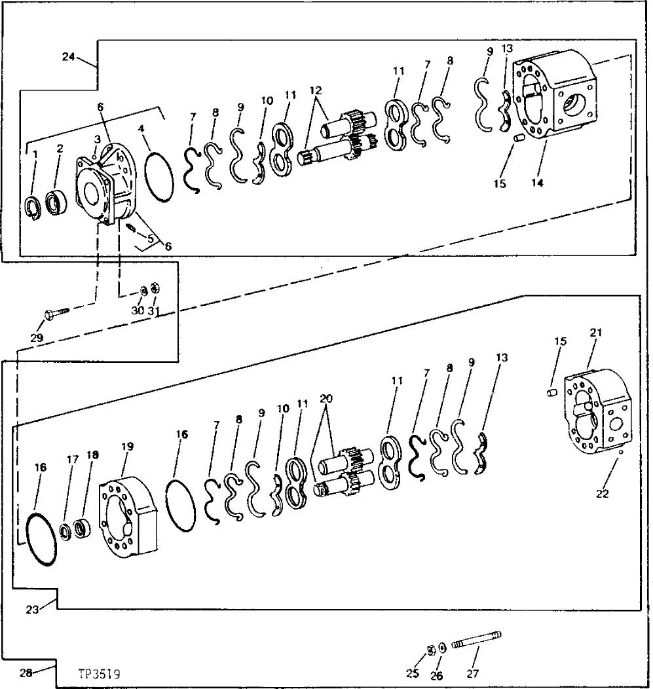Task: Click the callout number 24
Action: tap(68, 56)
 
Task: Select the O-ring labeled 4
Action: tap(157, 176)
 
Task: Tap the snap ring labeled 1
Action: tap(33, 205)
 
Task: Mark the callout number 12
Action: tap(316, 89)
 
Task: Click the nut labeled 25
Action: tap(431, 650)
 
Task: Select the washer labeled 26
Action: tap(443, 648)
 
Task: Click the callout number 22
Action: tap(603, 494)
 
